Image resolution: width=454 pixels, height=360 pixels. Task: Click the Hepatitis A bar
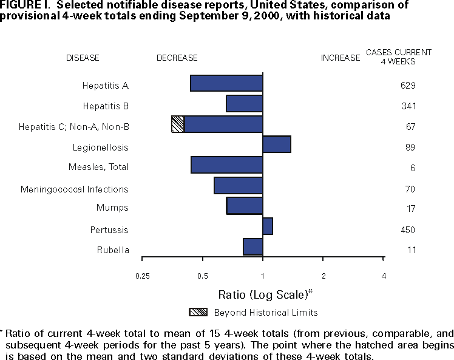click(x=226, y=83)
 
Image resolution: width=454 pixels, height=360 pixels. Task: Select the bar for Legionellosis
click(x=277, y=144)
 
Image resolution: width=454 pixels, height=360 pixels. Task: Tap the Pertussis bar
click(x=268, y=226)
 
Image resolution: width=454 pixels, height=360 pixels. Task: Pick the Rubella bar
click(x=252, y=246)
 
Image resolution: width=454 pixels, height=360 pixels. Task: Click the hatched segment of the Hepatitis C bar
click(x=178, y=124)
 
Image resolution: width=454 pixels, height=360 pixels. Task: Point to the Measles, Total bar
click(x=227, y=165)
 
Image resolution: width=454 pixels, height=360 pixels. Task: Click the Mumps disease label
click(x=112, y=208)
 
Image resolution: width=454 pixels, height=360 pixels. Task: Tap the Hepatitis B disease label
click(x=106, y=106)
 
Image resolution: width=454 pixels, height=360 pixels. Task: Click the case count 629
click(x=408, y=86)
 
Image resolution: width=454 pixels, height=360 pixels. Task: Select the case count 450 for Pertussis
click(x=408, y=230)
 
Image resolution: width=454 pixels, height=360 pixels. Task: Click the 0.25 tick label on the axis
click(x=143, y=276)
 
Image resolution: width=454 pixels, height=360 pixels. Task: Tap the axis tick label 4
click(x=384, y=276)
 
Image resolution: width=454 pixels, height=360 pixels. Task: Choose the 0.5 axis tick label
click(x=203, y=276)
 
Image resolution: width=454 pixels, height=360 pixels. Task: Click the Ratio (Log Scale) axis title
click(x=265, y=294)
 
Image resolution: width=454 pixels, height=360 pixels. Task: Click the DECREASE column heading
click(x=177, y=58)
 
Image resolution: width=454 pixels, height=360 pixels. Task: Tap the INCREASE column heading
click(x=340, y=58)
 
